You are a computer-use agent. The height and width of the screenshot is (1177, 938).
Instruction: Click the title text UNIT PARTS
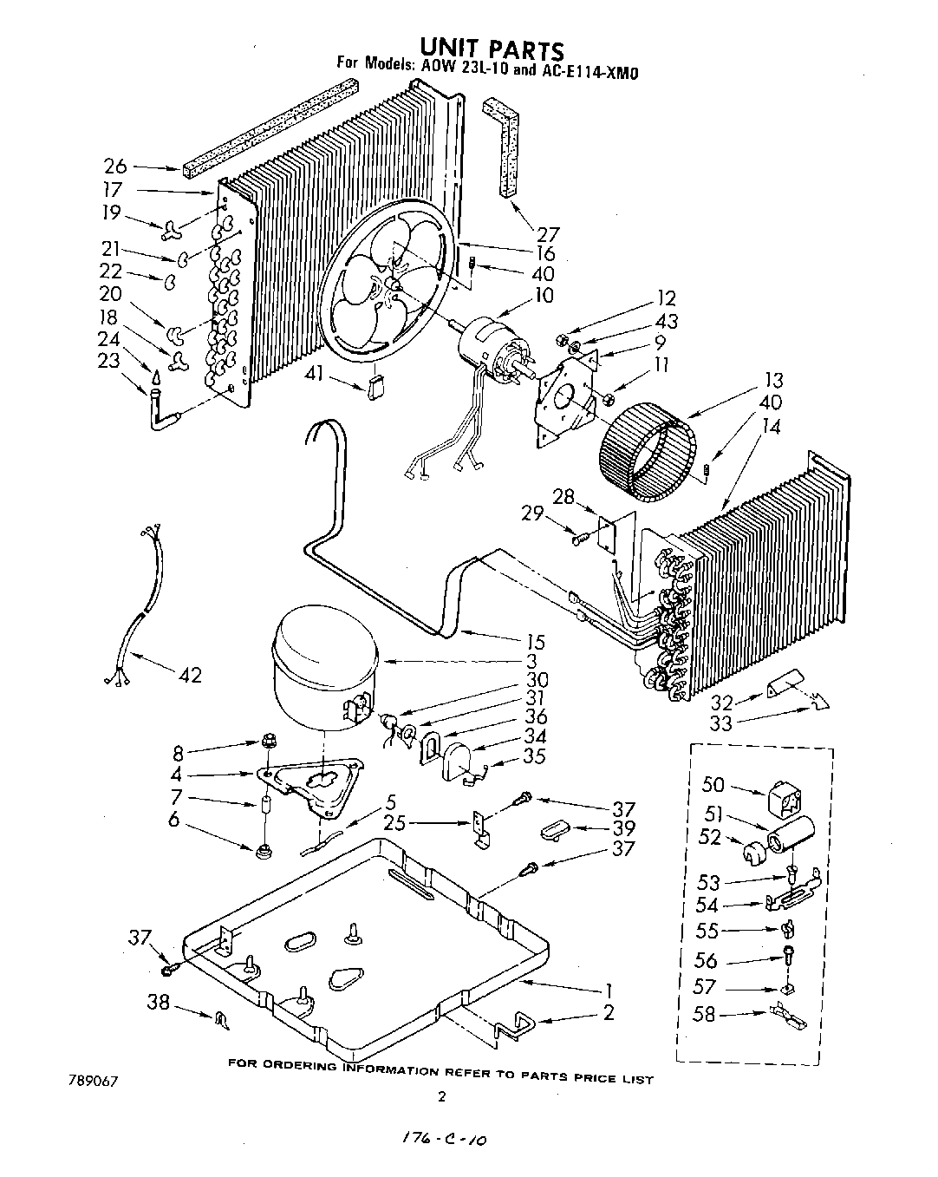[492, 49]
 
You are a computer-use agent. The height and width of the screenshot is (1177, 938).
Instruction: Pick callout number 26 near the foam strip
[115, 167]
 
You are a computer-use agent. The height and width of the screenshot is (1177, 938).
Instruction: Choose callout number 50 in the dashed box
[713, 786]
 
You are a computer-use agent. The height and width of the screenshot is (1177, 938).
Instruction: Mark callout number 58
[704, 1012]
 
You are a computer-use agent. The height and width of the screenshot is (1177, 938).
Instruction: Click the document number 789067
[91, 1082]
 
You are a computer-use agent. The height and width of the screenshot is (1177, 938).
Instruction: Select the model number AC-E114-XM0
[590, 73]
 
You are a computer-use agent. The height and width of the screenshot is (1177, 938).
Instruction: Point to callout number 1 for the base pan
[609, 990]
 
